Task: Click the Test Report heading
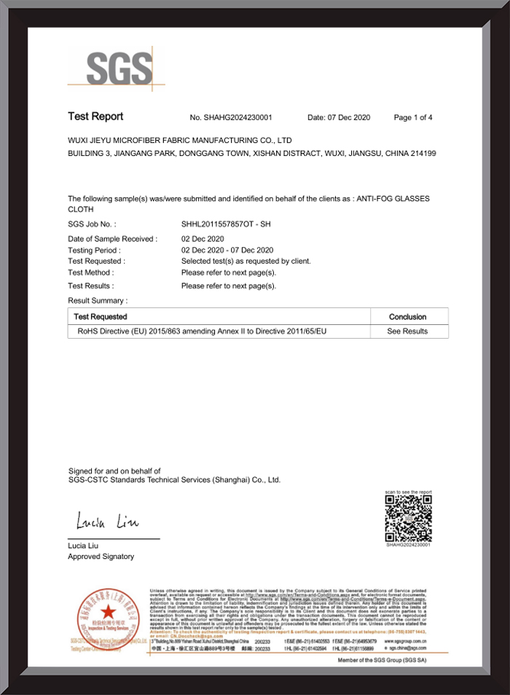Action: click(95, 117)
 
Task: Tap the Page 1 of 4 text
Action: click(413, 117)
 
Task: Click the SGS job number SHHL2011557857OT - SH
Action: click(226, 224)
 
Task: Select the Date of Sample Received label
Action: click(112, 239)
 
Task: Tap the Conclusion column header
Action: click(408, 317)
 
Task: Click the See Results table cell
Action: click(408, 331)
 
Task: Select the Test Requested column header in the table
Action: click(101, 317)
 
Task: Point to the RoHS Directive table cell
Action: click(197, 331)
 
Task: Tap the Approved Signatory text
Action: click(101, 557)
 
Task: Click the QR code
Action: click(408, 518)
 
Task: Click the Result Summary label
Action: click(98, 300)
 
